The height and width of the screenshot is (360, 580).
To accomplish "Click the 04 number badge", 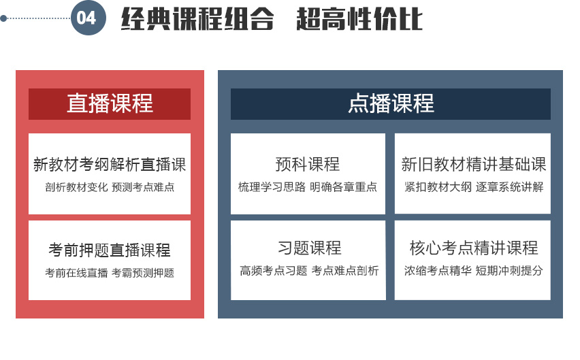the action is pos(88,18).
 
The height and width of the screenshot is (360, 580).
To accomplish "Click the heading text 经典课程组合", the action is pos(197,18).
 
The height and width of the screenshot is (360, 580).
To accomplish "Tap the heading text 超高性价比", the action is pos(359,18).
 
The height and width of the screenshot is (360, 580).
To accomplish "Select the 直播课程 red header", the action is pos(110,104).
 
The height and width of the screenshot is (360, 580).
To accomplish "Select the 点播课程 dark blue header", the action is pos(391,104).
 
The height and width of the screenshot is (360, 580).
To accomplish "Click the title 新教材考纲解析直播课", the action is pos(110,165).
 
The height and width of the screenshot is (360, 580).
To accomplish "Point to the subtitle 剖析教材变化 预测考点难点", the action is pos(110,187).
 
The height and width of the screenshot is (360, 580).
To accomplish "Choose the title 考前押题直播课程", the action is pos(110,250).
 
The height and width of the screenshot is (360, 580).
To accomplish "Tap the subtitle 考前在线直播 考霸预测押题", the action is pos(110,273).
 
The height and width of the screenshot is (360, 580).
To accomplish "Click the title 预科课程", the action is pos(308,164).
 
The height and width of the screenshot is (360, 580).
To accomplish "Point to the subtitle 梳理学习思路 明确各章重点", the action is pos(308,187).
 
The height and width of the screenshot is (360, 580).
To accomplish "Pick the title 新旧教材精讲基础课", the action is pos(474,164).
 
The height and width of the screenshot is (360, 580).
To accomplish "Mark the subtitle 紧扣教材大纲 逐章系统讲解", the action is pos(474,187).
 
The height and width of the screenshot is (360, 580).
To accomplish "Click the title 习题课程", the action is pos(310,248).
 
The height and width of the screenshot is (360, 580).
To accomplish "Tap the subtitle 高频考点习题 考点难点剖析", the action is pos(309,271).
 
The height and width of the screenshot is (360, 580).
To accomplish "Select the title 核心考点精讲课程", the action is pos(474,248).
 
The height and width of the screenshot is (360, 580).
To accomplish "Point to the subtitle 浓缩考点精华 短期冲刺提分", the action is pos(474,271).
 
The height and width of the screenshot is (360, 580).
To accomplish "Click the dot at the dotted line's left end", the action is pos(3,18).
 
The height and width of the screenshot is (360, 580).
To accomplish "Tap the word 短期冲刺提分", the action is pos(509,271).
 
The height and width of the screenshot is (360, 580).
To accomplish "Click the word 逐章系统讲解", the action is pos(509,187).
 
